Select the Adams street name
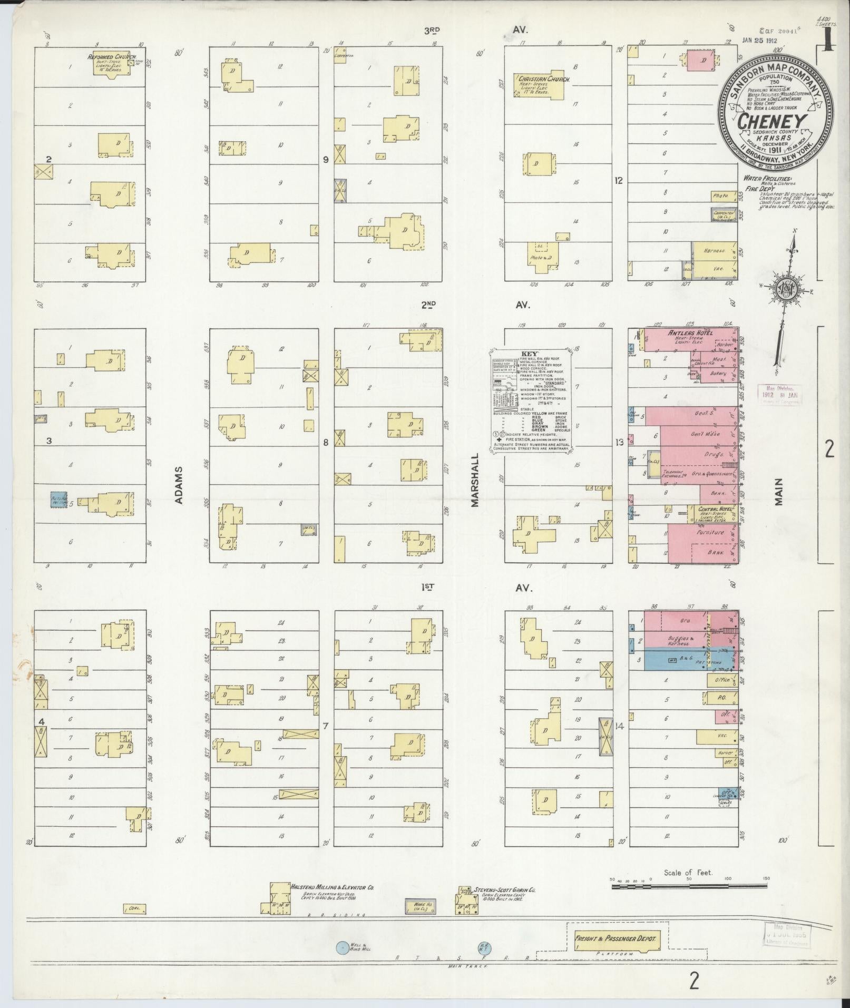coord(179,484)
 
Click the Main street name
coord(779,491)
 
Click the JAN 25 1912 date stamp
coord(760,40)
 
